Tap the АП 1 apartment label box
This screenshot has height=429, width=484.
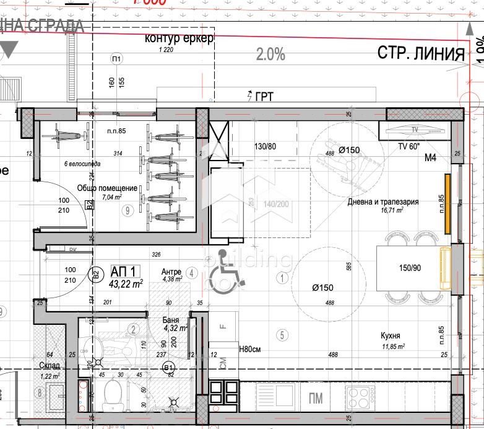126,271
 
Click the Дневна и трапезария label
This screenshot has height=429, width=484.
383,201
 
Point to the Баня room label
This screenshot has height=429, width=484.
171,321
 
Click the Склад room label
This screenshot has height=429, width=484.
49,366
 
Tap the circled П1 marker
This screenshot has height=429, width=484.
116,59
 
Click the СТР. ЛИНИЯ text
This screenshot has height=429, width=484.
421,53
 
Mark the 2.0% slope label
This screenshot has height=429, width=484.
270,55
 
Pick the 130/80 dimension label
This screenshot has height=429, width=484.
264,147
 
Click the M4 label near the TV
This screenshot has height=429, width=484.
430,158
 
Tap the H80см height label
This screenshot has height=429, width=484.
249,349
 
